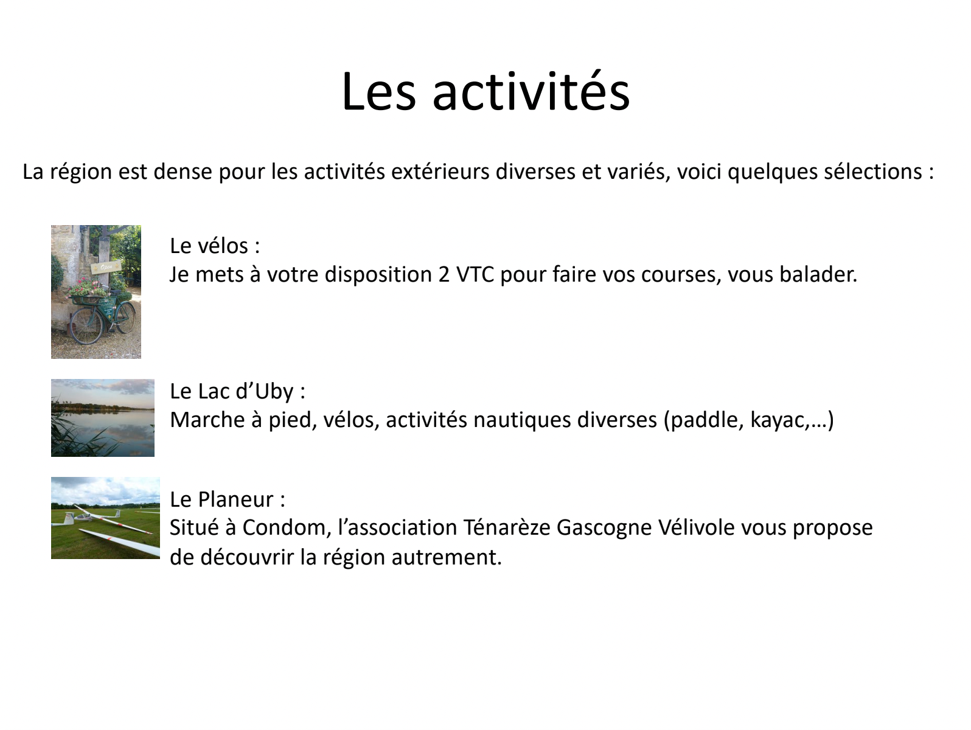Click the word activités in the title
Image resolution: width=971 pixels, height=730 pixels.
(531, 91)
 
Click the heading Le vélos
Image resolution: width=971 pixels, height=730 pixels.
(215, 245)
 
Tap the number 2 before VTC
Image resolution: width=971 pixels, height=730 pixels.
(444, 274)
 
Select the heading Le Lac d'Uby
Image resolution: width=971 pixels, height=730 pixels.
(237, 391)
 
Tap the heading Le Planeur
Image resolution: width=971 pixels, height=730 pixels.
(228, 499)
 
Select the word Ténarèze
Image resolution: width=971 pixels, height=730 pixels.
(507, 528)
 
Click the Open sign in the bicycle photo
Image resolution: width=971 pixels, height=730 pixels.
(106, 267)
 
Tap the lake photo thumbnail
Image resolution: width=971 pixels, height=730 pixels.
(103, 418)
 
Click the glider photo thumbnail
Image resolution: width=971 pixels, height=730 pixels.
(105, 518)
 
